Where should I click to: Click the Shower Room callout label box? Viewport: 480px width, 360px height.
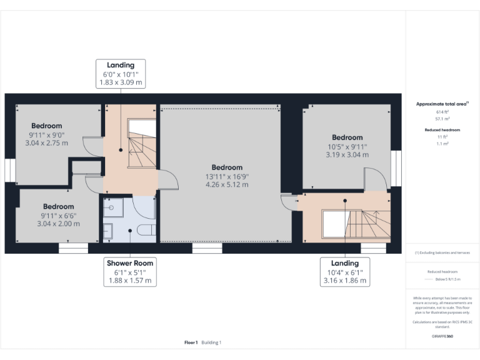click(x=130, y=272)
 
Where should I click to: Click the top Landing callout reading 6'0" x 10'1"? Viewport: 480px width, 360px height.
click(x=121, y=73)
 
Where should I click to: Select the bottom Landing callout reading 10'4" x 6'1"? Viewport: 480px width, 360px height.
click(x=344, y=272)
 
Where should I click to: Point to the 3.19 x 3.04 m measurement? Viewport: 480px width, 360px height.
click(x=347, y=154)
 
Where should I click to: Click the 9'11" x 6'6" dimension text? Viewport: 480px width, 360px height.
click(x=58, y=215)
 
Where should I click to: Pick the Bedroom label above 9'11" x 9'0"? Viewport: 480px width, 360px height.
click(x=47, y=125)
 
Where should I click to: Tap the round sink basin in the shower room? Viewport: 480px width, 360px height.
click(x=111, y=206)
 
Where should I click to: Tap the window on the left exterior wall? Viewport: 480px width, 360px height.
click(x=9, y=170)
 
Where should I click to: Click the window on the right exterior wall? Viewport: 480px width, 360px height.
click(x=396, y=169)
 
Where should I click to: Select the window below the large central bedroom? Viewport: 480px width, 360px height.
click(x=207, y=248)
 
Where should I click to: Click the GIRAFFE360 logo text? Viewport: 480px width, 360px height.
click(x=442, y=336)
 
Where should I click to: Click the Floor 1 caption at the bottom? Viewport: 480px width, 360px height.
click(x=191, y=342)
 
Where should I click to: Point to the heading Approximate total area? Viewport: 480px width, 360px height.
click(x=442, y=104)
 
